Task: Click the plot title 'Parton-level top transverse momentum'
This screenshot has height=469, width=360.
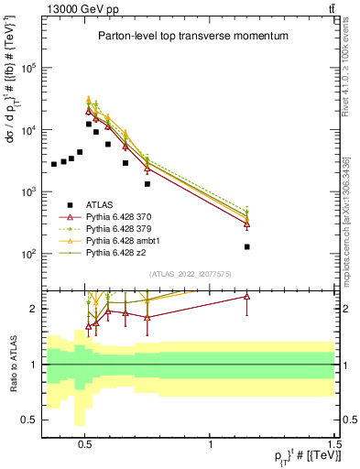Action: point(192,36)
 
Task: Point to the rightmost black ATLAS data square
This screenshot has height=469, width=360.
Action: point(247,246)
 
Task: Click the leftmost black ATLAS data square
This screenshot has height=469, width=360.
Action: point(54,165)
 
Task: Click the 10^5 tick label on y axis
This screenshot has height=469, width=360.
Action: point(30,68)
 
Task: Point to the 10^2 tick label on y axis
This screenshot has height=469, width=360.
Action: point(30,254)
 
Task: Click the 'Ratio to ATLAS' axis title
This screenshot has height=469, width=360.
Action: point(12,365)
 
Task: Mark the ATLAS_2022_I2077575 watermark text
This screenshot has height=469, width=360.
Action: point(190,274)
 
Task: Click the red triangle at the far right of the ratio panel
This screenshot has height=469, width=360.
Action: point(247,296)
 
